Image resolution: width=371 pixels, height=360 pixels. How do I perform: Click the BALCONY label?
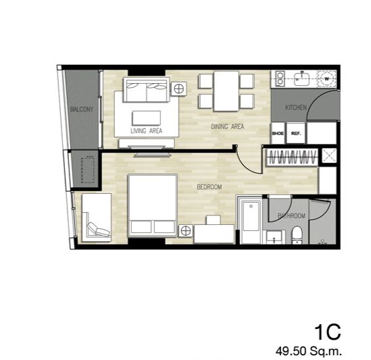82,109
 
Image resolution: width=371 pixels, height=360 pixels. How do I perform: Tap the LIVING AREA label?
147,131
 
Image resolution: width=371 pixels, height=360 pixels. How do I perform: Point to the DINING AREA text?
227,126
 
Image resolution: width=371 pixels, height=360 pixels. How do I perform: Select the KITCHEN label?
296,107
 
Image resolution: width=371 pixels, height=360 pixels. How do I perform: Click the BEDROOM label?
209,187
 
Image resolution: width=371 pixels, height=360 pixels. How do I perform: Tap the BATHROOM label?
291,215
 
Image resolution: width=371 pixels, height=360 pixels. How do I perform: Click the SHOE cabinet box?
278,133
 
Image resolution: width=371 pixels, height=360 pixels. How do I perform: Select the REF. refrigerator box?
296,133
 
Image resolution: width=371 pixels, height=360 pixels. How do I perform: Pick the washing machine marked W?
327,79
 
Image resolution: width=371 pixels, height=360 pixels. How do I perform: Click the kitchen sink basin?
301,79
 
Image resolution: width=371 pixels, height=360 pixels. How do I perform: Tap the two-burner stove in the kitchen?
280,78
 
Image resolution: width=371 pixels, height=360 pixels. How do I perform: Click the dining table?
226,91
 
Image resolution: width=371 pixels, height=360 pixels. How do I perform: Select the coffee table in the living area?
147,118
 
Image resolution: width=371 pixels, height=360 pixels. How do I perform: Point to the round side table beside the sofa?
179,89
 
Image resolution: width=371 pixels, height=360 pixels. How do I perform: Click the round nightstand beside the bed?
186,230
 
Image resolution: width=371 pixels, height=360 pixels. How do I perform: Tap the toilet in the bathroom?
297,235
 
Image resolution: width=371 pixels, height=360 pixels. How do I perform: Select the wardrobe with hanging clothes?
292,157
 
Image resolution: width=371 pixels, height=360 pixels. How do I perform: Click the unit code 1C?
328,332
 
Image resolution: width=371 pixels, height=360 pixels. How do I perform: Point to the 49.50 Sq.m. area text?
309,351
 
